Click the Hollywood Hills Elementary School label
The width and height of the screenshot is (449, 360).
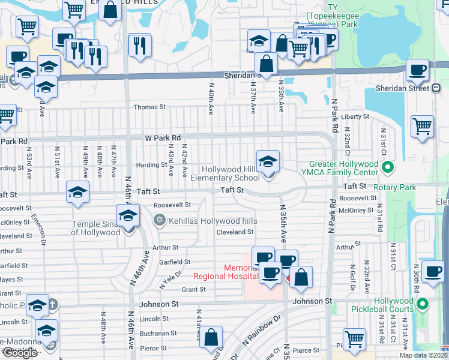pos(225,174)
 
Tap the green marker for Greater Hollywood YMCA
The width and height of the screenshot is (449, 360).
pos(387,167)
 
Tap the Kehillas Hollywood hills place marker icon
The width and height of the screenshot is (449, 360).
pos(159,221)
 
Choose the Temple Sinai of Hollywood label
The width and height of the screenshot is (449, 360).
pos(96,228)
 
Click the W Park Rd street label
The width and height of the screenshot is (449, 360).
pos(163,138)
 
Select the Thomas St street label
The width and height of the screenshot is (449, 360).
pos(149,107)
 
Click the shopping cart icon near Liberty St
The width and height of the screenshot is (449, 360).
pos(423,127)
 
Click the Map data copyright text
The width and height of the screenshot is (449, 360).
pos(423,355)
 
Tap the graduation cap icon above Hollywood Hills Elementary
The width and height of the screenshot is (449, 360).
pos(268,161)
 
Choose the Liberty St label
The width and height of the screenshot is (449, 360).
pos(354,116)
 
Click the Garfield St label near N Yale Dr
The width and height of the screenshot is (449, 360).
pos(175,262)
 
